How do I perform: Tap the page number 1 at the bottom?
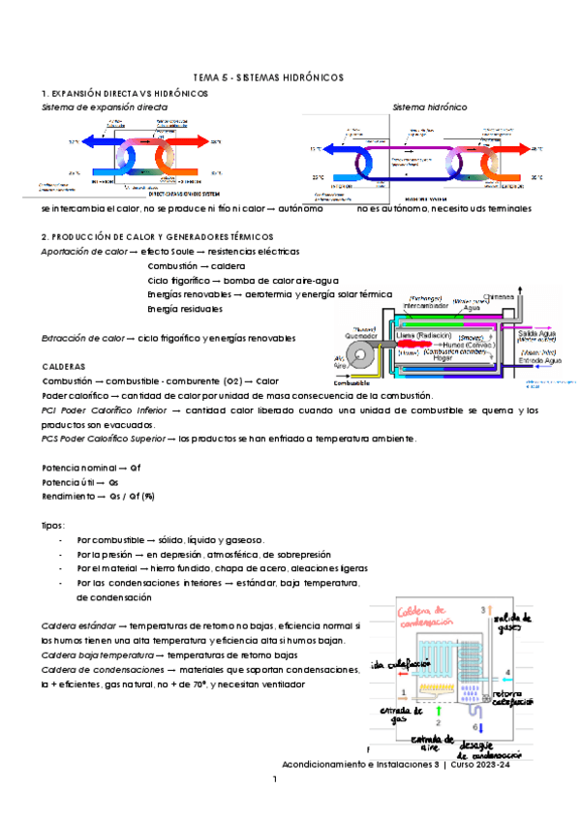(x=275, y=779)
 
